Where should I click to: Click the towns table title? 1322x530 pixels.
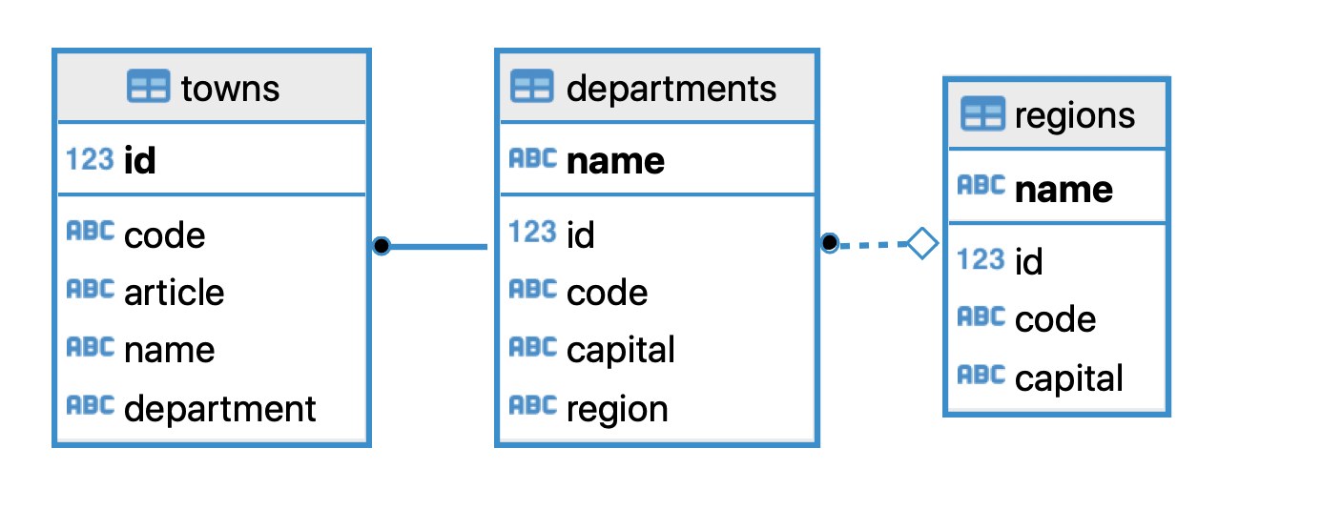tap(230, 89)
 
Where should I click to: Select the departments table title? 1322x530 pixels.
tap(671, 89)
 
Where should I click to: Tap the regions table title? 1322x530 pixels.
tap(1074, 115)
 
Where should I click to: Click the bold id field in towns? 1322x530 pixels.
tap(139, 160)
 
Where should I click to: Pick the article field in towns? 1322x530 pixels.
tap(174, 293)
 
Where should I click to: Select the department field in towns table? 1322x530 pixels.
tap(219, 408)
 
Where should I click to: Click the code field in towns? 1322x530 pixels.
tap(164, 234)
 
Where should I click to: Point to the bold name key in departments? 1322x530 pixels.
tap(615, 160)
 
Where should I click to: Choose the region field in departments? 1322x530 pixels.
tap(616, 409)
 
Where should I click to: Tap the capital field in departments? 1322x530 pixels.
tap(620, 350)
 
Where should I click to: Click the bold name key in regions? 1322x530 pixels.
tap(1063, 189)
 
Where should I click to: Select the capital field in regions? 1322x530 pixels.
tap(1068, 378)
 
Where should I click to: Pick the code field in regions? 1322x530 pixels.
tap(1054, 319)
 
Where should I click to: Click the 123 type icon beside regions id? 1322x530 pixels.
tap(981, 259)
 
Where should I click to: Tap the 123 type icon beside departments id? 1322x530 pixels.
tap(532, 232)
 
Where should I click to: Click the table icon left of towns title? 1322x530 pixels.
tap(148, 88)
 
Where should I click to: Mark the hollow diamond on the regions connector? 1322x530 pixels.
tap(921, 243)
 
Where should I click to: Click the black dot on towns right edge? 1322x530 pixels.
tap(382, 246)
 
